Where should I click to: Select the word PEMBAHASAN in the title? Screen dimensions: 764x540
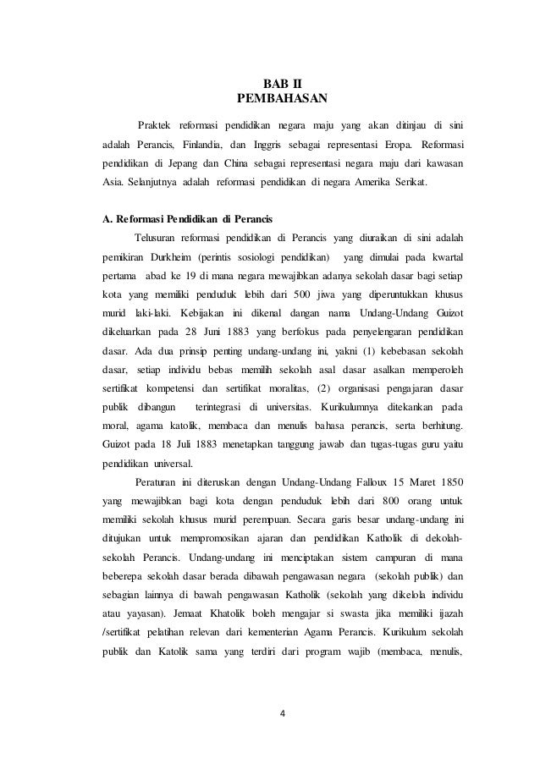click(270, 100)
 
